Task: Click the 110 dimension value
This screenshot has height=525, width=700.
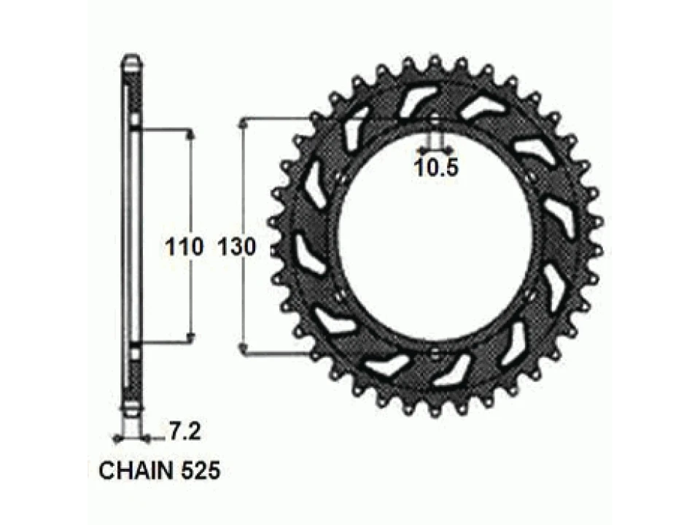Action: [183, 248]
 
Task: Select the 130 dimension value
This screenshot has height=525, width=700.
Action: [236, 248]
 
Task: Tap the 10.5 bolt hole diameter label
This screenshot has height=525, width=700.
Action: [436, 168]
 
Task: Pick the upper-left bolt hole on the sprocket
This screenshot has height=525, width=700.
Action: [340, 178]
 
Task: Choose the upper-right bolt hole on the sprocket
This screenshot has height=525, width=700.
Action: [530, 178]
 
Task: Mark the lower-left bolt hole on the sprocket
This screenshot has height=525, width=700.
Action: [340, 295]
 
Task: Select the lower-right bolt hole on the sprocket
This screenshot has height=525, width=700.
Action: [530, 295]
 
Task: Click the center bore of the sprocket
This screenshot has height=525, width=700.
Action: [435, 237]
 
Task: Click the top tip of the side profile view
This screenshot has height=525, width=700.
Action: [131, 57]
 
